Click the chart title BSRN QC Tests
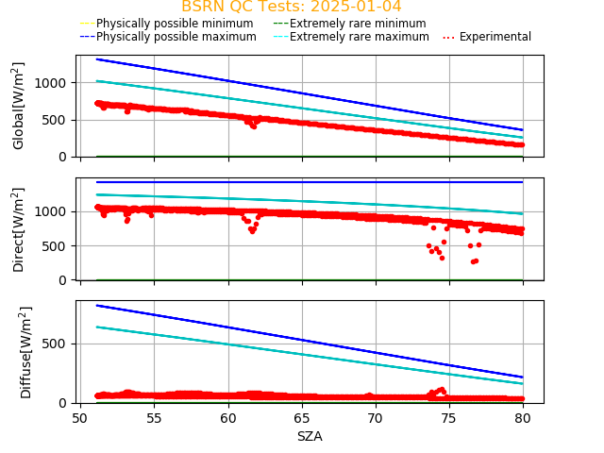coord(291,7)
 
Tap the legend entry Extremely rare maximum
coord(359,37)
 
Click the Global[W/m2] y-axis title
coord(19,106)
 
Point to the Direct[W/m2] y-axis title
coord(19,229)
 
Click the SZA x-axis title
coord(310,436)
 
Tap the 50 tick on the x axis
coord(80,417)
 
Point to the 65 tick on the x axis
coord(301,417)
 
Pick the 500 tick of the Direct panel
coord(59,245)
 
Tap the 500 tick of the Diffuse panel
coord(59,344)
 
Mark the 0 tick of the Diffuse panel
coord(66,403)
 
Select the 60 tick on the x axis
coord(227,417)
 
